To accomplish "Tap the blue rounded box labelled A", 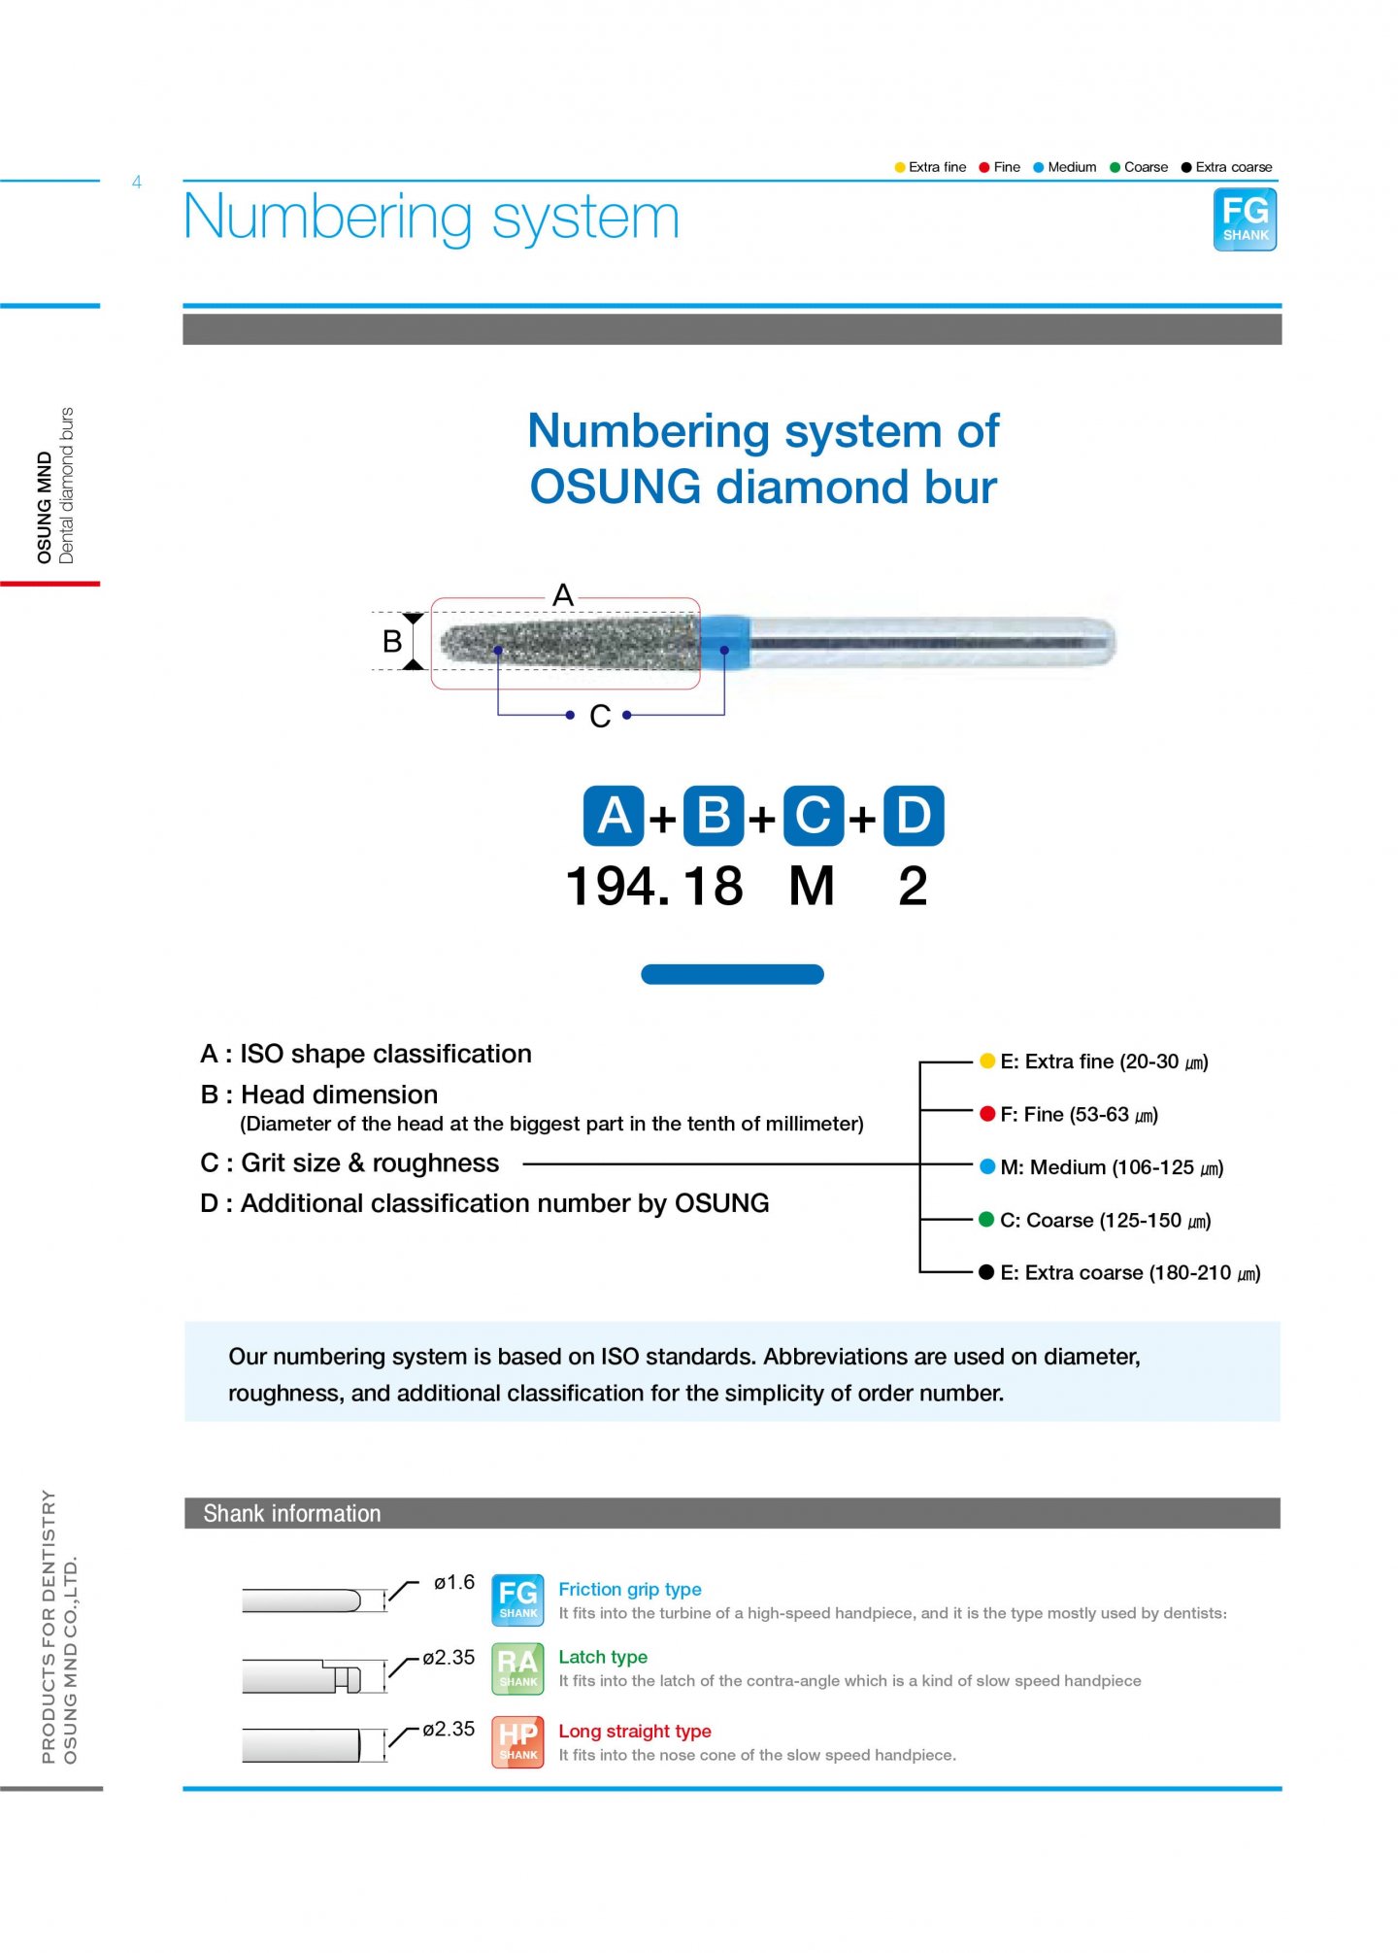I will click(x=613, y=816).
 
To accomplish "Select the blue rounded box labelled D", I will click(x=913, y=816).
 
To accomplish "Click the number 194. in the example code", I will click(x=617, y=887).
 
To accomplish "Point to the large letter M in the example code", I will click(x=812, y=887).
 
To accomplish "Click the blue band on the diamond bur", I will click(x=724, y=641).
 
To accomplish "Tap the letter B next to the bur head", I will click(x=392, y=642).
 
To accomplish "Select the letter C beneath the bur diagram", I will click(x=600, y=717).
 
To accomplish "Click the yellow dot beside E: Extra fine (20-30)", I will click(x=987, y=1061).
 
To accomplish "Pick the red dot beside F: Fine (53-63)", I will click(x=987, y=1114).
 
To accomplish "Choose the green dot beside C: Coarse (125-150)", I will click(x=987, y=1220).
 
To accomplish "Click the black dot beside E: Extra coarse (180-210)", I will click(x=987, y=1272).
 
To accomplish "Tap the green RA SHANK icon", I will click(x=517, y=1668).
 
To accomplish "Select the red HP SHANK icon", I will click(x=517, y=1742).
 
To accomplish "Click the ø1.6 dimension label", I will click(x=453, y=1583).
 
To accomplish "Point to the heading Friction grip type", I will click(x=629, y=1590).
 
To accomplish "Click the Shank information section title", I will click(x=291, y=1514).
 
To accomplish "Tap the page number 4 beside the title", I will click(x=137, y=183).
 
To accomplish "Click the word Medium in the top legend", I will click(x=1072, y=167).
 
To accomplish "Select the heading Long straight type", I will click(x=634, y=1732).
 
